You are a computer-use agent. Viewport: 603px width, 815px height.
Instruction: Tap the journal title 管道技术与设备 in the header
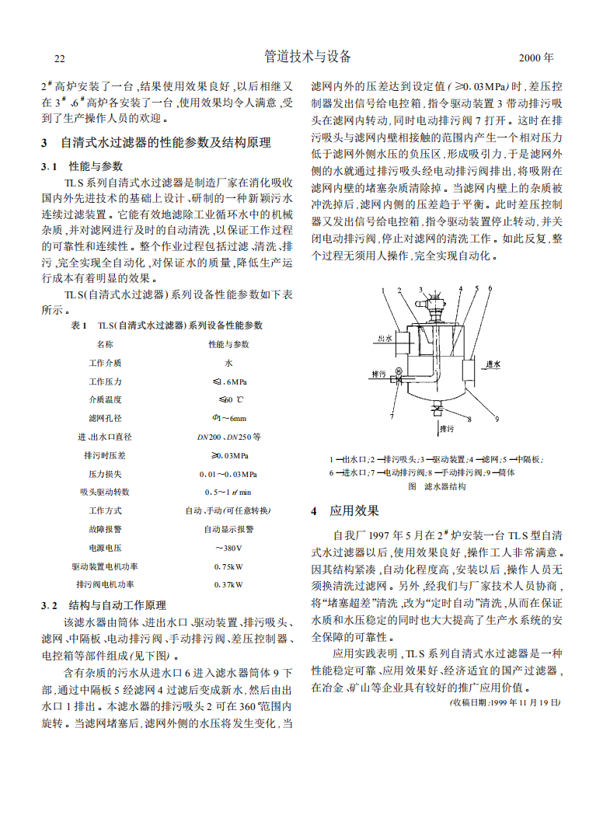308,57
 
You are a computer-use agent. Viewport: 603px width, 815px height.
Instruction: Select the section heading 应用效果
355,511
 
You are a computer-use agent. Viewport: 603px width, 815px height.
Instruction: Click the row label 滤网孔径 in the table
104,418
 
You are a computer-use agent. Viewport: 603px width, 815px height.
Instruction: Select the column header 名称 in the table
104,343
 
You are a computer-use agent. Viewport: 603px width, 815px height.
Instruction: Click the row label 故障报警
104,529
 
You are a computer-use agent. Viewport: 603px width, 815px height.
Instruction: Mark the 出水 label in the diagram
384,340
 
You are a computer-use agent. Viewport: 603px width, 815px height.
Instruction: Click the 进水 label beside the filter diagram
493,364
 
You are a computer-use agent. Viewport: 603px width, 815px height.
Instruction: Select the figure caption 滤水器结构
437,486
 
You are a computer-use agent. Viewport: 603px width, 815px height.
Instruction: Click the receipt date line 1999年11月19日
504,702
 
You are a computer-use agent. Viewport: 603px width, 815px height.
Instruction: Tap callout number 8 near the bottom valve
469,420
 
